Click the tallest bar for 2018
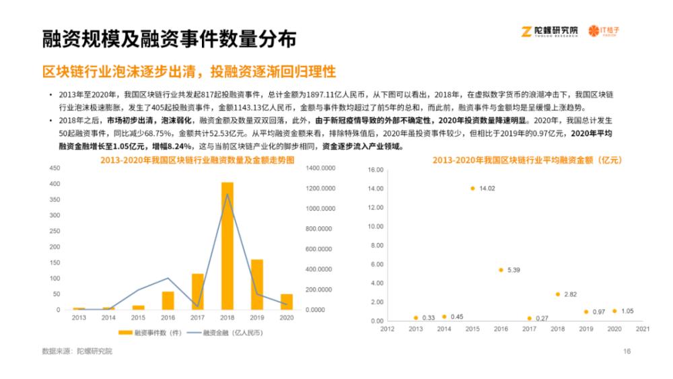227,246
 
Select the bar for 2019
257,284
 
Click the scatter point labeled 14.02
472,188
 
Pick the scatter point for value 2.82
557,294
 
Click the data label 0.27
542,318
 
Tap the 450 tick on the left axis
55,169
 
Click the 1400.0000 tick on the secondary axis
320,169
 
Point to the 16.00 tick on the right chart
376,170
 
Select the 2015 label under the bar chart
138,317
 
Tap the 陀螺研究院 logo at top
550,31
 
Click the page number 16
627,351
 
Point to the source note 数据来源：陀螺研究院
77,351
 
